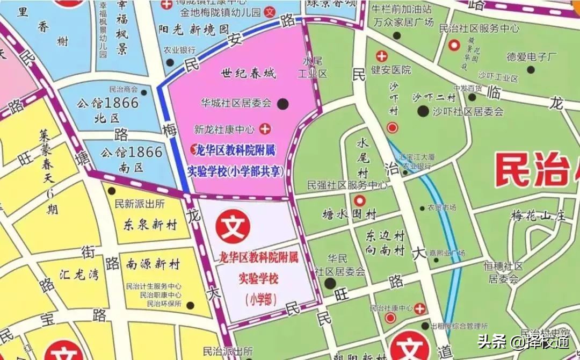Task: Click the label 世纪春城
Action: [x=248, y=74]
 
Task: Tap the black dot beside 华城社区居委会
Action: [x=283, y=103]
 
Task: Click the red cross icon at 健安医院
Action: [x=382, y=56]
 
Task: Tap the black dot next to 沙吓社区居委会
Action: [x=423, y=111]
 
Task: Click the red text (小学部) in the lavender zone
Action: [x=261, y=300]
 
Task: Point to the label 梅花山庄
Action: [x=538, y=217]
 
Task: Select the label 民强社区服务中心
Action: [x=347, y=185]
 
